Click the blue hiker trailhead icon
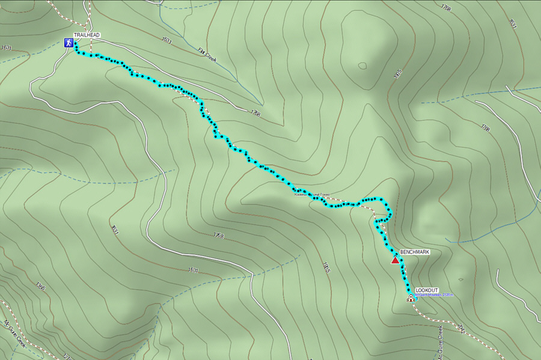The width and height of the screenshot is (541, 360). tap(70, 43)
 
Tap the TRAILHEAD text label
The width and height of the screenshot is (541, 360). tap(87, 35)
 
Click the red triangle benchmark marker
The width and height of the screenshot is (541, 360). tap(395, 260)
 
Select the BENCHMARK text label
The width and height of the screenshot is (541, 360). tap(415, 252)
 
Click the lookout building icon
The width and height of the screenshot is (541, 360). tap(411, 297)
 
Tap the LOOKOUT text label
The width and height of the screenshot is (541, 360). tap(427, 290)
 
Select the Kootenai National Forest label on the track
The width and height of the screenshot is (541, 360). tap(313, 195)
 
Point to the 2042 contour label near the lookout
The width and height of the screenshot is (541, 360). tap(461, 328)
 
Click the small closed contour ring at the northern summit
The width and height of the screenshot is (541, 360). tap(362, 66)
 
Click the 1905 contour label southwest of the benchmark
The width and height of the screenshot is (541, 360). tap(326, 267)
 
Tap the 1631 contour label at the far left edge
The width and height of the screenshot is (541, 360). tap(7, 47)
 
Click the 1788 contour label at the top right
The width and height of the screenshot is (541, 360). tap(446, 8)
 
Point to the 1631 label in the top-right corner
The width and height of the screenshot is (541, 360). tap(513, 24)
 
